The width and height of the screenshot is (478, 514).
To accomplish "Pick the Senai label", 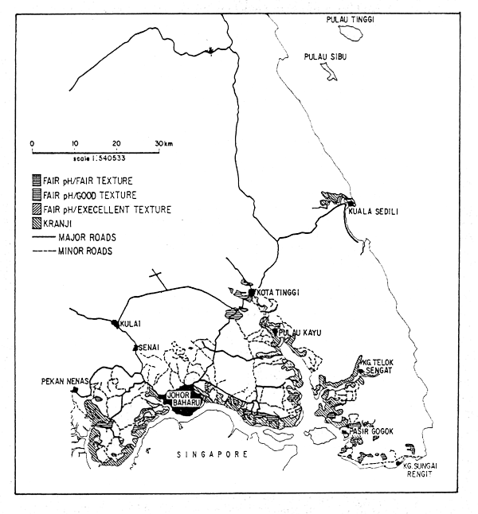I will click(x=151, y=348).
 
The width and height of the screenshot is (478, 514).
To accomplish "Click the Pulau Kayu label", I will click(x=299, y=333).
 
